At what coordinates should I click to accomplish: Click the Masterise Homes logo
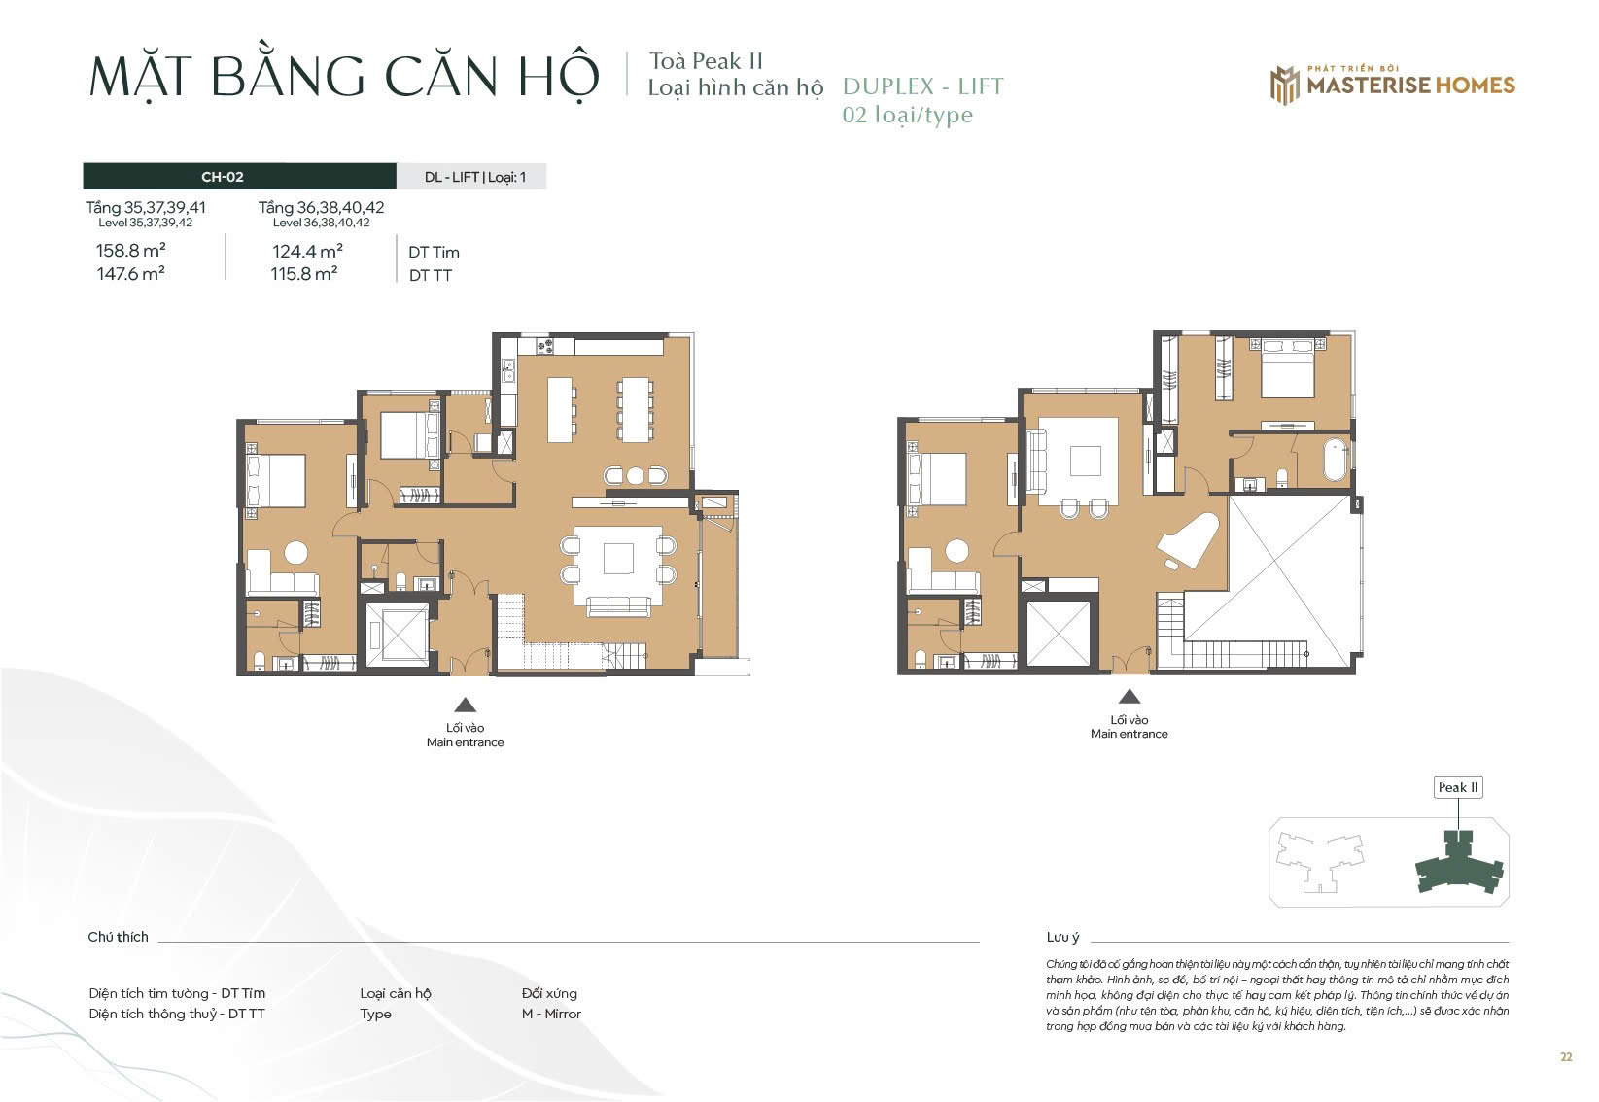coord(1392,85)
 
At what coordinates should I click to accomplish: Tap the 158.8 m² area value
coord(130,251)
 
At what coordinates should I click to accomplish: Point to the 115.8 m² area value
coord(304,274)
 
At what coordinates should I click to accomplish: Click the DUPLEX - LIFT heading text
coord(923,86)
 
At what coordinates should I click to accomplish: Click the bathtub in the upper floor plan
coord(1336,461)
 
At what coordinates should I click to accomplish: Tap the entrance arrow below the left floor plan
coord(466,706)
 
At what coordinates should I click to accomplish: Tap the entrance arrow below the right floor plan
coord(1130,696)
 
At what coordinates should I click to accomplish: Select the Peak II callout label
coord(1458,787)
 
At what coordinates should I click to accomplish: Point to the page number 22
coord(1566,1057)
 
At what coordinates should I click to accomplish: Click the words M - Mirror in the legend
coord(551,1014)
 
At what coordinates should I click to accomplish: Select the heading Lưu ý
coord(1062,937)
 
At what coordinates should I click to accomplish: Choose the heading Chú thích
coord(118,937)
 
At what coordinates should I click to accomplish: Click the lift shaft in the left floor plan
coord(397,635)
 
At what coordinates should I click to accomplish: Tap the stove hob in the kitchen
coord(545,346)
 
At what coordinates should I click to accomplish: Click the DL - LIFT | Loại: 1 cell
coord(474,176)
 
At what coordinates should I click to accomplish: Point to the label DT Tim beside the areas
coord(434,252)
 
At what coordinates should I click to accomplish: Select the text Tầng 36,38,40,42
coord(321,207)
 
